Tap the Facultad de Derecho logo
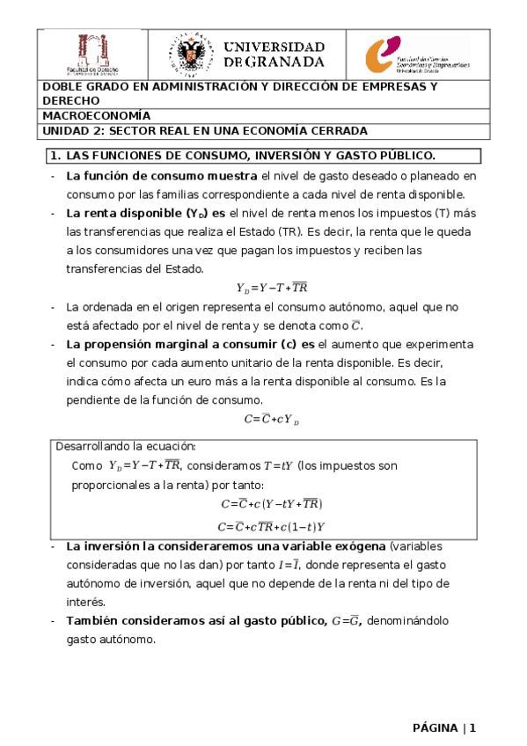point(91,55)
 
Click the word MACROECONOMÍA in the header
point(97,115)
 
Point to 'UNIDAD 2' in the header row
point(70,130)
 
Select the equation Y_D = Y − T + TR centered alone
point(272,288)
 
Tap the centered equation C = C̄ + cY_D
point(272,420)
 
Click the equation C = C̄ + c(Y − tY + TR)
point(272,504)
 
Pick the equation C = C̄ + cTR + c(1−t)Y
point(272,527)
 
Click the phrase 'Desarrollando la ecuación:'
point(127,446)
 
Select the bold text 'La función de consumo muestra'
point(149,176)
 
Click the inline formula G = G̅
point(345,621)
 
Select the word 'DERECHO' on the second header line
point(71,101)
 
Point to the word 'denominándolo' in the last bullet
point(407,621)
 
